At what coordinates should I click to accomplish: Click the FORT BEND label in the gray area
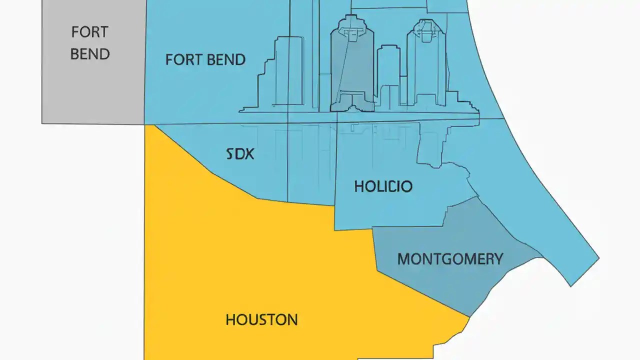click(x=90, y=42)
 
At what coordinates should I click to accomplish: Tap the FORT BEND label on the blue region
click(x=205, y=60)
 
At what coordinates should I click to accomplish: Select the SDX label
click(x=240, y=154)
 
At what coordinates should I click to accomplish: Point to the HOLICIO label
click(x=383, y=187)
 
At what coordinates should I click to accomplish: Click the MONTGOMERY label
click(x=450, y=259)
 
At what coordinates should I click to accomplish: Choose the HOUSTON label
click(x=261, y=320)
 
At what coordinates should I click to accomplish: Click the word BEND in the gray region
click(x=90, y=54)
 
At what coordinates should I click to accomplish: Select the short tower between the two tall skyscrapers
click(x=388, y=75)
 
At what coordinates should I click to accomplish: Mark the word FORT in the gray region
click(x=89, y=32)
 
